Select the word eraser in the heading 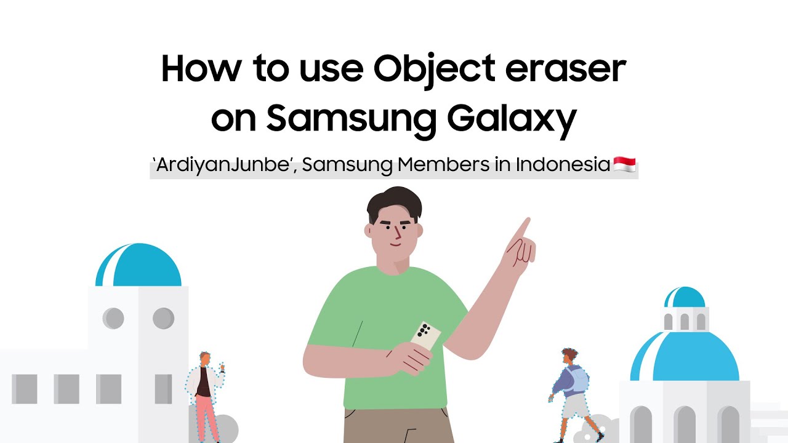[565, 69]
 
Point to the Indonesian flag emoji [624, 165]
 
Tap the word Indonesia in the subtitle [563, 165]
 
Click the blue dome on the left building [139, 266]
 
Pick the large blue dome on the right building [685, 358]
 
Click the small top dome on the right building [685, 297]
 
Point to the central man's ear [369, 231]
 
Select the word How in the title [198, 69]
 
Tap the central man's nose [397, 234]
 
